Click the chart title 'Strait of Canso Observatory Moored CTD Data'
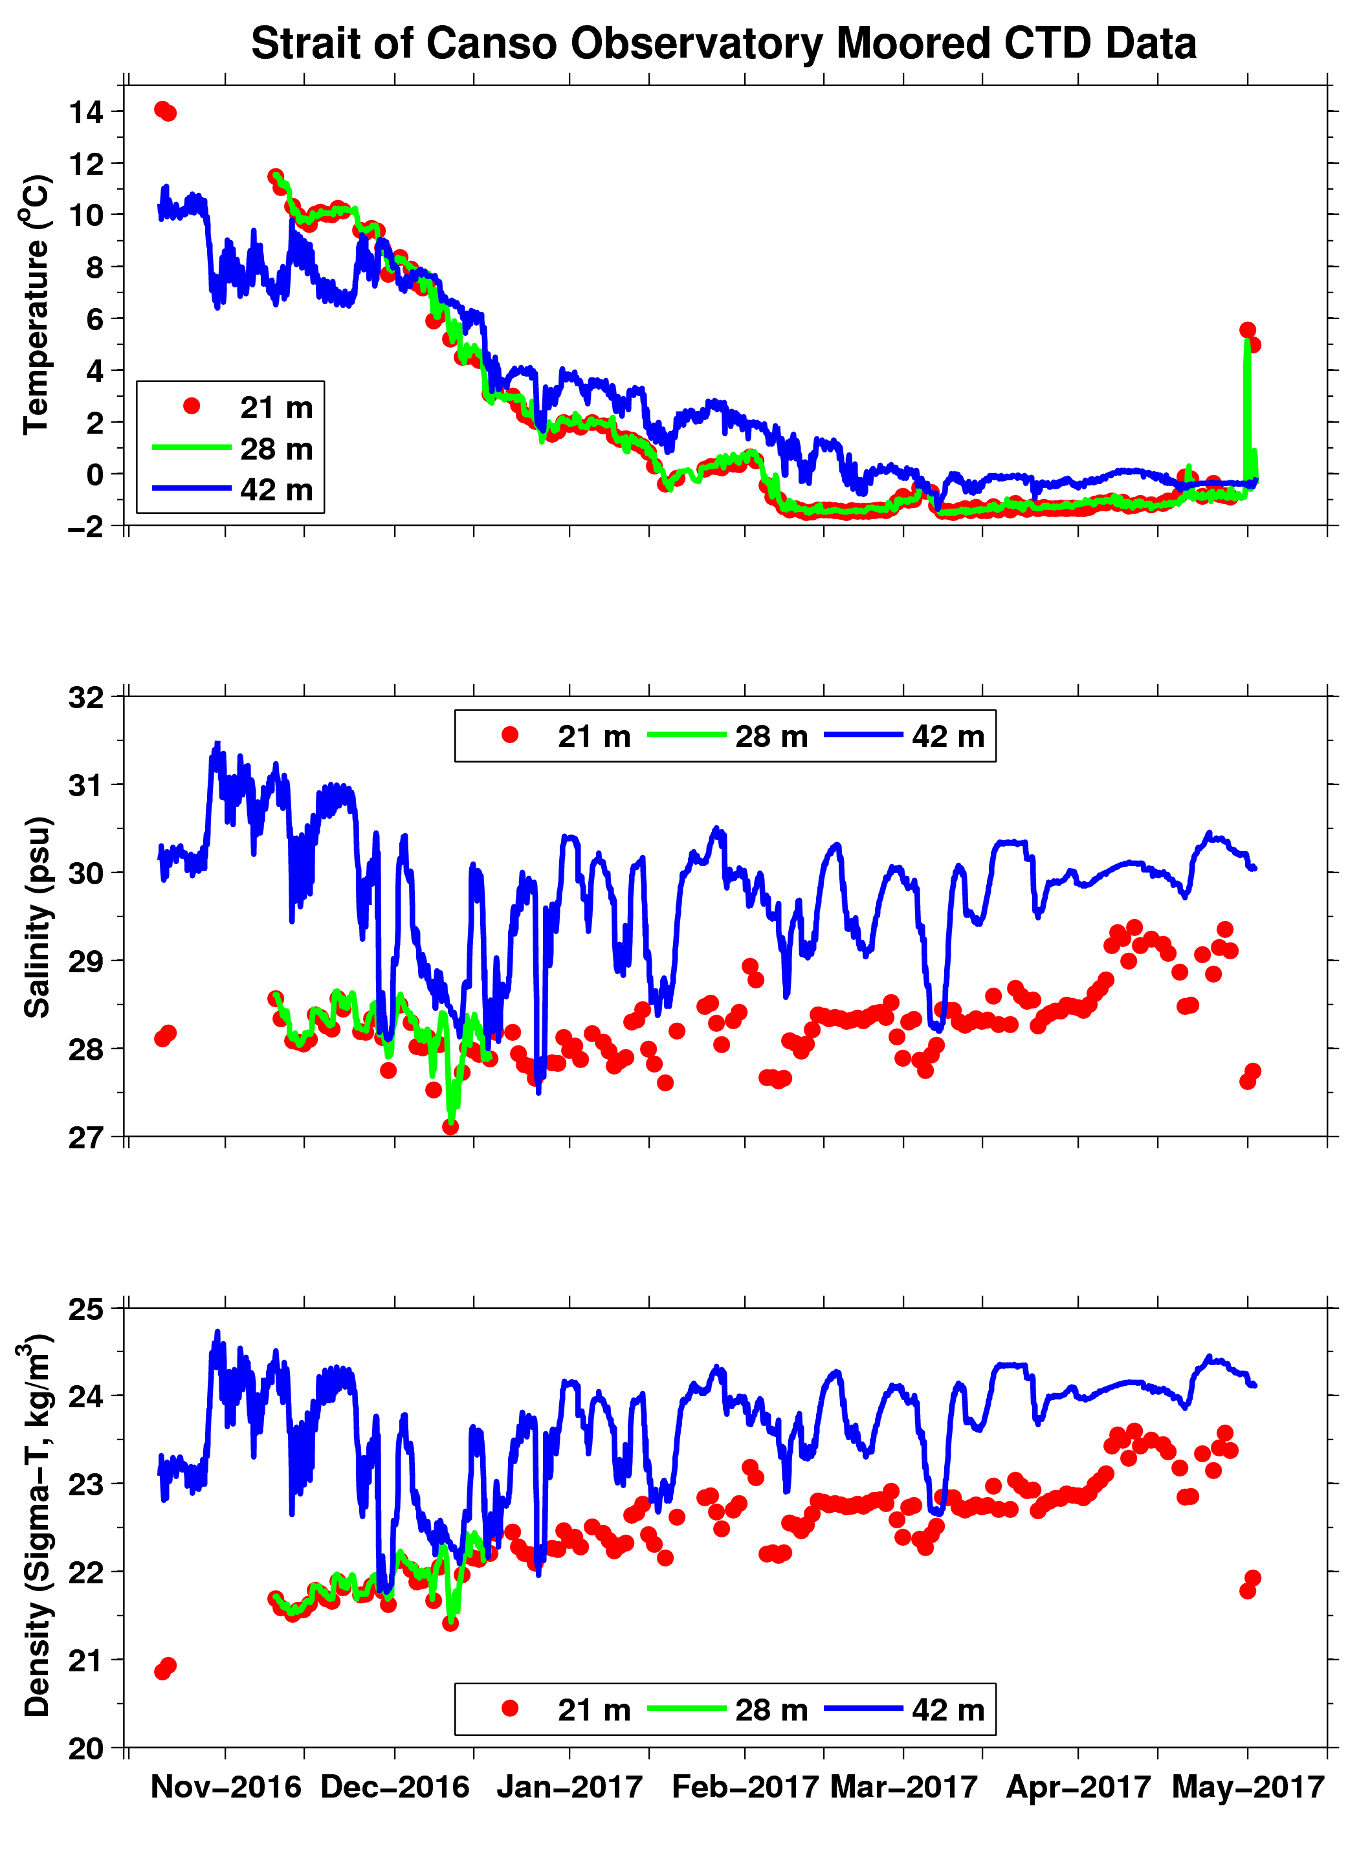(723, 43)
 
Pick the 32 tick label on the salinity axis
(86, 697)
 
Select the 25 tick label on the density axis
(86, 1309)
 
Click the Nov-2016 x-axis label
(226, 1787)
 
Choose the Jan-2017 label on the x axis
(569, 1787)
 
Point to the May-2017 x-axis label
(1247, 1787)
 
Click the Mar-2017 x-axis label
(903, 1787)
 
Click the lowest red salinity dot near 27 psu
(450, 1126)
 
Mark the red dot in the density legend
(509, 1708)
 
